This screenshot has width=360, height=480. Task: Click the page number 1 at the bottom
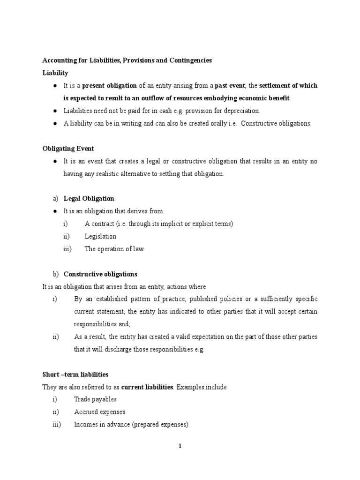pyautogui.click(x=180, y=446)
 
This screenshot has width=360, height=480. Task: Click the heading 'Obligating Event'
pyautogui.click(x=68, y=149)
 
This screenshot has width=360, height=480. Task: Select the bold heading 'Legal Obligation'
pyautogui.click(x=89, y=199)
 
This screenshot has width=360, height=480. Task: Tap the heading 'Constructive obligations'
pyautogui.click(x=100, y=274)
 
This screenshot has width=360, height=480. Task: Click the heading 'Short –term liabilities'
pyautogui.click(x=75, y=375)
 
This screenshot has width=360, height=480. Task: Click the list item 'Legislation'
pyautogui.click(x=100, y=236)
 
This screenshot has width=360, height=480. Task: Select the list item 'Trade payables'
pyautogui.click(x=95, y=399)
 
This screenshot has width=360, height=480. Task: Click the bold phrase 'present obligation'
pyautogui.click(x=110, y=86)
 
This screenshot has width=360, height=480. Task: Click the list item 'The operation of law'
pyautogui.click(x=114, y=249)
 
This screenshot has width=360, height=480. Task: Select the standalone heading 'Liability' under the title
pyautogui.click(x=55, y=73)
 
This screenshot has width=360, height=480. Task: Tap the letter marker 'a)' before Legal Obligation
pyautogui.click(x=55, y=199)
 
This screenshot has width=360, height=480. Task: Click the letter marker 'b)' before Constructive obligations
pyautogui.click(x=55, y=274)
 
